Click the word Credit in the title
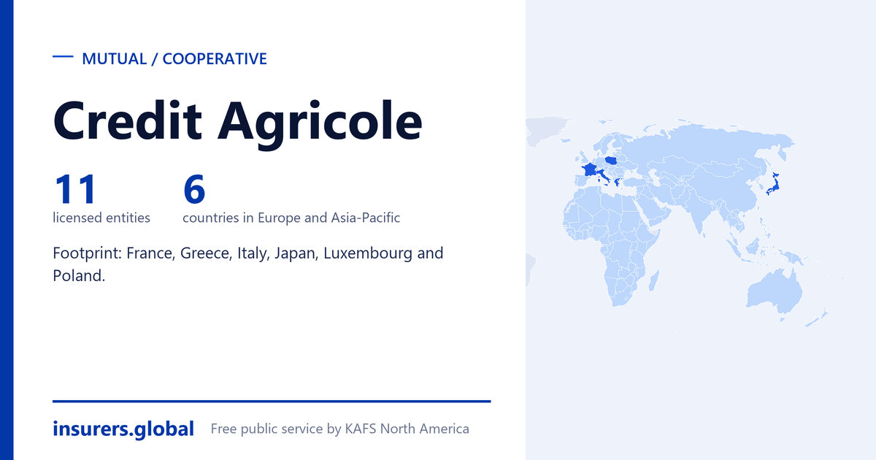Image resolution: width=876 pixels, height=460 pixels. pos(128,120)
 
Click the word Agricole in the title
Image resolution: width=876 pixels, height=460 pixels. pos(320,124)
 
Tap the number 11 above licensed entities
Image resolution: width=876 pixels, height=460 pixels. pos(75,189)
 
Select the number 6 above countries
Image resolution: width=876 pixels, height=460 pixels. pos(194,189)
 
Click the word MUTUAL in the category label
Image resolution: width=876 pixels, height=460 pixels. pos(114,59)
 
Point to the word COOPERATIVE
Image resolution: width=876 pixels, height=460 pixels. pos(215,59)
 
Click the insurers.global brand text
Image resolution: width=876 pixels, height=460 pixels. pos(123,429)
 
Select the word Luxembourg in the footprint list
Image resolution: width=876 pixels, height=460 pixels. pos(368,253)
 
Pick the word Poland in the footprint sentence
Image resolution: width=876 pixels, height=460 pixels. pos(79,276)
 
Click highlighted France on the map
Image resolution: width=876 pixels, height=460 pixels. pos(589,170)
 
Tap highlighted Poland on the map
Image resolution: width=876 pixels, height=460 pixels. pos(611,160)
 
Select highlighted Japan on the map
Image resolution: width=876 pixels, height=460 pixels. pos(773,184)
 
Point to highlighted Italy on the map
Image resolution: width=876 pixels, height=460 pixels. pos(603,176)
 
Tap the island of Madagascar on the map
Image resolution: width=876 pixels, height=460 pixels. pos(654,280)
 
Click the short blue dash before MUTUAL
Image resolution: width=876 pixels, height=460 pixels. pos(63,57)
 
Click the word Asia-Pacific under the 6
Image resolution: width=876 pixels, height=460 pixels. pos(365,218)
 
